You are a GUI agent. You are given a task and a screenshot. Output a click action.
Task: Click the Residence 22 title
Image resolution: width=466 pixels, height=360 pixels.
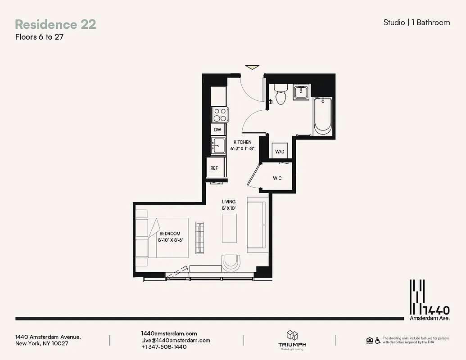pos(55,25)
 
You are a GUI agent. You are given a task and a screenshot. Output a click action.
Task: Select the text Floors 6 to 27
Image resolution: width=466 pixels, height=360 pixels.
pos(39,37)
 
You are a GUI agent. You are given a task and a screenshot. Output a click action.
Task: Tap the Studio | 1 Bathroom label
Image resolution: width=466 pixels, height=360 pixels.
pos(416,22)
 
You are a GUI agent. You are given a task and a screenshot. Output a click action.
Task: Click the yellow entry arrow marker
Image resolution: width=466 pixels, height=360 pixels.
pos(253,67)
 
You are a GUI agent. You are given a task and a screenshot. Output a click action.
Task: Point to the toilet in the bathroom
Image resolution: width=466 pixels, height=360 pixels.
pos(281,94)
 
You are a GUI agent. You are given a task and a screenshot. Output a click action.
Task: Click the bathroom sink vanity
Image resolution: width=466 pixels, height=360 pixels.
pos(300,92)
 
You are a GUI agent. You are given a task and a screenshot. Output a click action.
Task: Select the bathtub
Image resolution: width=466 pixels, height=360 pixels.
pos(323,115)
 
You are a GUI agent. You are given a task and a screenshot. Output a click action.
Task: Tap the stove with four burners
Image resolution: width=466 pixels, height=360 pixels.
pos(220,114)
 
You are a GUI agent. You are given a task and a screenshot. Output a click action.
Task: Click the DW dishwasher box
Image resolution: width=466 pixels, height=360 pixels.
pos(218,130)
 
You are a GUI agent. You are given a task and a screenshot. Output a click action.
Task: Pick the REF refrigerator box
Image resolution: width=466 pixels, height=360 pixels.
pos(214,168)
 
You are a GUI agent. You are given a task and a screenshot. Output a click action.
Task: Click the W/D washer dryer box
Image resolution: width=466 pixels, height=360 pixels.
pos(280,152)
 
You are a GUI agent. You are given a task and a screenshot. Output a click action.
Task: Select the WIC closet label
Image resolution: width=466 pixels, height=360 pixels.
pos(277,178)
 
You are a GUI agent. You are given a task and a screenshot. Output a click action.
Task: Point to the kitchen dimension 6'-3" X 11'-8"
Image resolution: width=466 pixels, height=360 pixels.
pos(242,148)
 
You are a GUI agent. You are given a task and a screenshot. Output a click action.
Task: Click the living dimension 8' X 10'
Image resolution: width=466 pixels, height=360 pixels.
pos(229,208)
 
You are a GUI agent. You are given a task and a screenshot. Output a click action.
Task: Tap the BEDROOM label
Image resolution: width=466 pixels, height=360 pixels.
pos(170,234)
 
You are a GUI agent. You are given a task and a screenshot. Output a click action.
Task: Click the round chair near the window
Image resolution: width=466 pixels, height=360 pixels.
pos(231,262)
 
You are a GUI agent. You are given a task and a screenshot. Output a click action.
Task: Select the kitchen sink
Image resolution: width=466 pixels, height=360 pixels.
pos(219,145)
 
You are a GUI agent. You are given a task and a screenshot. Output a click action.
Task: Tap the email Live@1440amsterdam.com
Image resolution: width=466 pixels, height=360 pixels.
pos(176,340)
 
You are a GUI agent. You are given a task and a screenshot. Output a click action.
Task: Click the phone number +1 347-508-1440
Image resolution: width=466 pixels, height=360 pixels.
pos(164,347)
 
